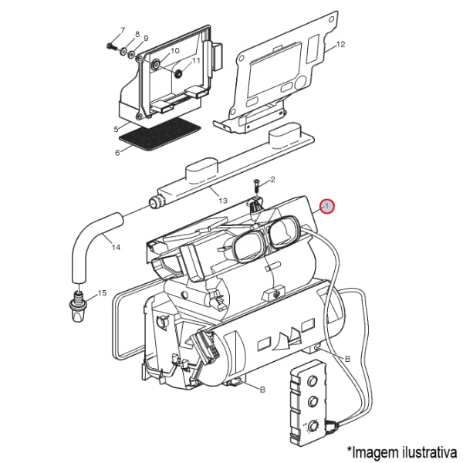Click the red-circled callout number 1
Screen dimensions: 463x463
[327, 206]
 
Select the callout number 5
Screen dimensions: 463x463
[116, 129]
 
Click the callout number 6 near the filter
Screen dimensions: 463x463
[117, 152]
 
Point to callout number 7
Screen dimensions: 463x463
[122, 30]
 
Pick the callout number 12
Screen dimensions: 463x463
[340, 45]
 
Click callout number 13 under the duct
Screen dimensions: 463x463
[223, 201]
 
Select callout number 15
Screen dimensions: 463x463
[102, 294]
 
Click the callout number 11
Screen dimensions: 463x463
[196, 60]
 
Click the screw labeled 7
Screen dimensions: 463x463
[112, 46]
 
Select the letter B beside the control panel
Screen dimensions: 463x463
[347, 358]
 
